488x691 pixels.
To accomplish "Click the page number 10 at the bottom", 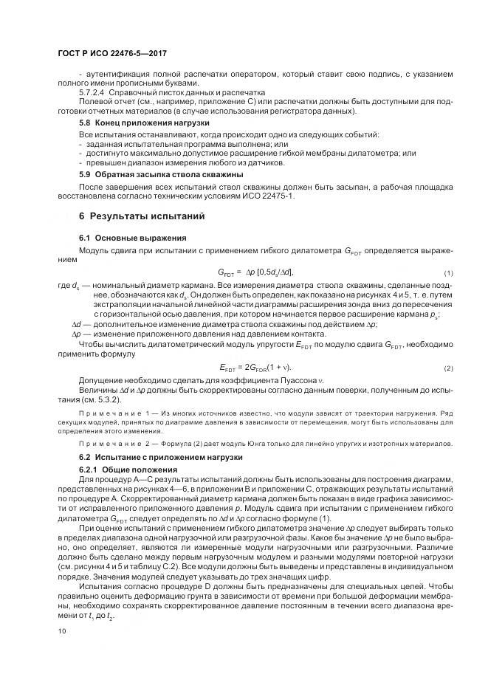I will click(x=62, y=631).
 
